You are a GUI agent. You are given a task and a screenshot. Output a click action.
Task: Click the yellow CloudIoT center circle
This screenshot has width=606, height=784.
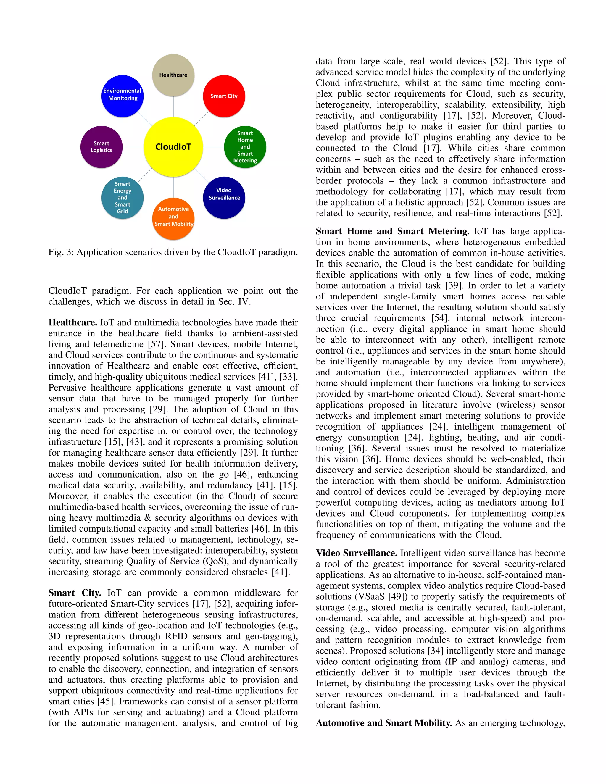(173, 147)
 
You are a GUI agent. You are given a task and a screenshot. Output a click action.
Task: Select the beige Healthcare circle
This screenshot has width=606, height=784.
(173, 75)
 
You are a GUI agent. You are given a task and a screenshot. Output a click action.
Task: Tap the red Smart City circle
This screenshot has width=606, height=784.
(224, 96)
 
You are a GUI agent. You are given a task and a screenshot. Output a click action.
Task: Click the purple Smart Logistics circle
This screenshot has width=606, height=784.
(101, 147)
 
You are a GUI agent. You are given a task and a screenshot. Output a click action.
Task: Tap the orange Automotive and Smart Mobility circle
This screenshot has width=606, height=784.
(173, 219)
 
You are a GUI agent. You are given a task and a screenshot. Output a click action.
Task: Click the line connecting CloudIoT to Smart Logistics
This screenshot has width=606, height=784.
(133, 147)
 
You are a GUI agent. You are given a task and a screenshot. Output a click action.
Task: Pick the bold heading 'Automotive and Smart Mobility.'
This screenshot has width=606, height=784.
(384, 723)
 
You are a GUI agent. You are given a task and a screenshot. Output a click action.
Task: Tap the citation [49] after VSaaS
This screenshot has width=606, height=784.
(397, 597)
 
